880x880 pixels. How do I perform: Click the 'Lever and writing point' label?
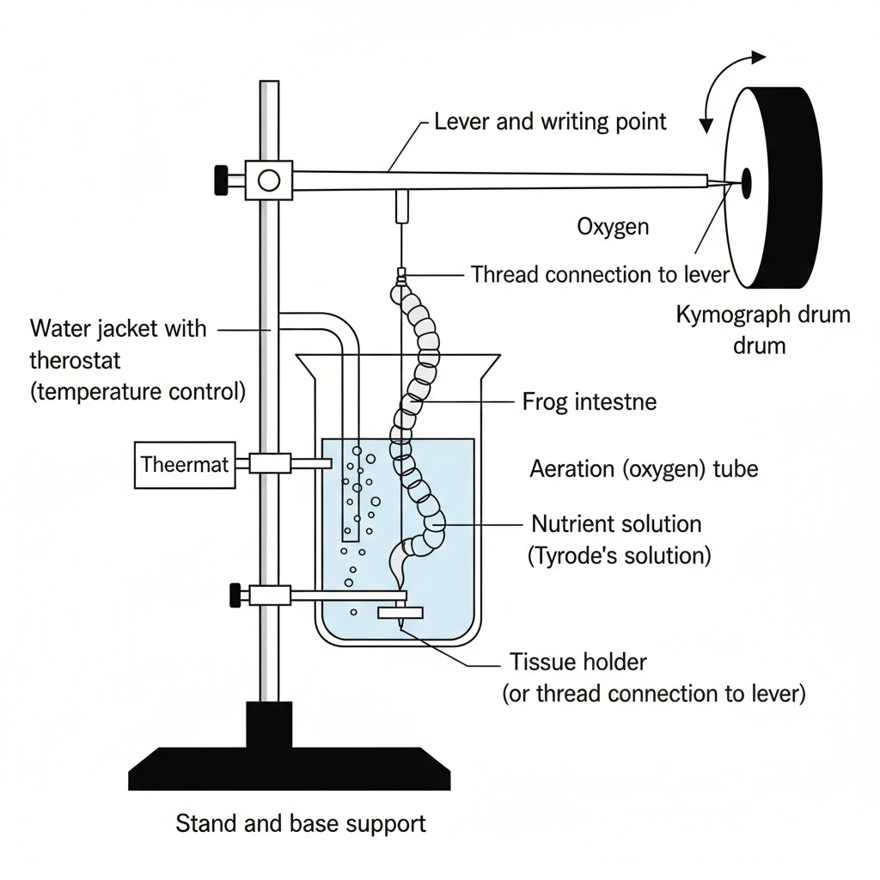point(550,121)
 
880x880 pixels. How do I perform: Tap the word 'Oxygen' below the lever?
point(613,227)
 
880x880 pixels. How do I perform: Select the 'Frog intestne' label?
point(590,401)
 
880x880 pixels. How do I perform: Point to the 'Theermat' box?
point(185,465)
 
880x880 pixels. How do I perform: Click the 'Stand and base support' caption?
point(301,823)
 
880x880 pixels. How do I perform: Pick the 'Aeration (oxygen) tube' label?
point(644,469)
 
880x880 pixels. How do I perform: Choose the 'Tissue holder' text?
point(577,662)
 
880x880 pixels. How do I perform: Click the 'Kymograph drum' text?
point(763,314)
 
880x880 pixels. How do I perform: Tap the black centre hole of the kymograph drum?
point(746,181)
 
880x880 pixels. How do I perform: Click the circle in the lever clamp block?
point(269,180)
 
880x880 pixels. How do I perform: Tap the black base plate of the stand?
point(290,767)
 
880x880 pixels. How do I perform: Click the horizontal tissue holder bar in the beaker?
point(400,613)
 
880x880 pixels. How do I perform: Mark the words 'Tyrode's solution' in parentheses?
point(619,555)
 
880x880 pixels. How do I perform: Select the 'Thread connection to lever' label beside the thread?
point(600,275)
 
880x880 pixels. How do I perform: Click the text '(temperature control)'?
point(137,392)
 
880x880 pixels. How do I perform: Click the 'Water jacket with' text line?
point(118,328)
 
